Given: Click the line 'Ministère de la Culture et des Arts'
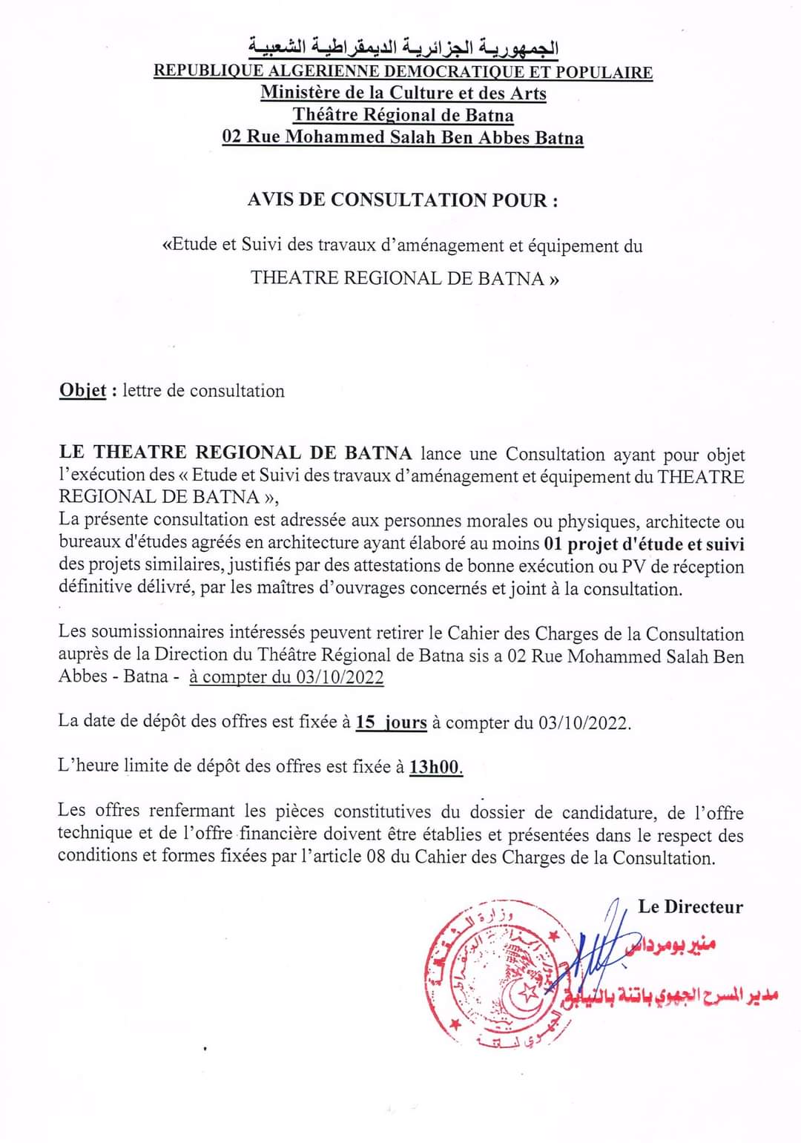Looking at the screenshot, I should tap(403, 93).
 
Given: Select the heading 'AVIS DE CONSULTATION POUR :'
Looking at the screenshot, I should tap(403, 200).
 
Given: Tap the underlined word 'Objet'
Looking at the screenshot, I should tap(83, 391).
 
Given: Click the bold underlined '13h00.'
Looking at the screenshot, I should tap(436, 767).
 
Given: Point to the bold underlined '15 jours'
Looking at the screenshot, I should tap(391, 722).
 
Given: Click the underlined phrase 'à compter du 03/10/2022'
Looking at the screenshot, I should tap(286, 676).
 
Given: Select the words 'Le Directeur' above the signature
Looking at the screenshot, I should tap(690, 906).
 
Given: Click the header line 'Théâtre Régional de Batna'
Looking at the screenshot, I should tap(403, 115).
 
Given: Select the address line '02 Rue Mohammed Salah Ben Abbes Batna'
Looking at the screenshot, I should tap(403, 137).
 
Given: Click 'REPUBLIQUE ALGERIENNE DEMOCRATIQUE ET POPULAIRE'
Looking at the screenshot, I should tap(403, 71).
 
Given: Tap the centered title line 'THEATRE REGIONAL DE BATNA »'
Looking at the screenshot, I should tap(404, 278).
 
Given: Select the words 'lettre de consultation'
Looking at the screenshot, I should tap(203, 391).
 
